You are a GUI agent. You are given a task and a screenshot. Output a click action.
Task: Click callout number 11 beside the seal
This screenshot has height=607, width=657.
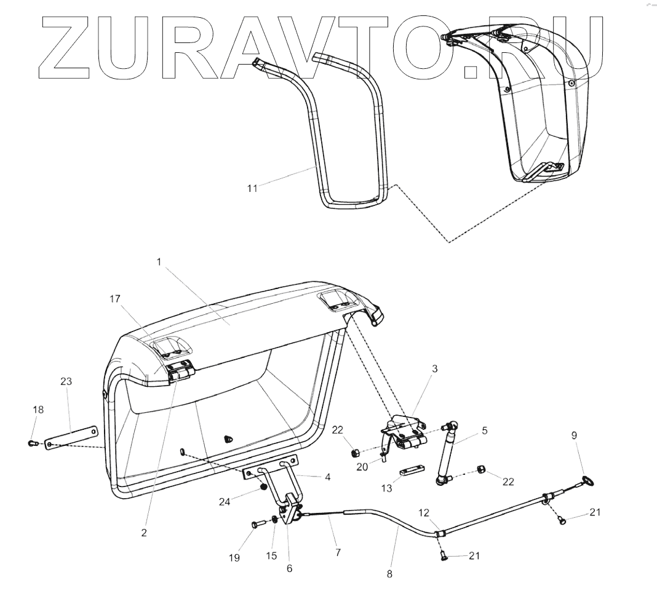coord(252,188)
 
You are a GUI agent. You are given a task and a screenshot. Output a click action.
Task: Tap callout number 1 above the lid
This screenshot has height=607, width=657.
coord(158,262)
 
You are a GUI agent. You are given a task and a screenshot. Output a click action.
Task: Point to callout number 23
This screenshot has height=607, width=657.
coord(66,381)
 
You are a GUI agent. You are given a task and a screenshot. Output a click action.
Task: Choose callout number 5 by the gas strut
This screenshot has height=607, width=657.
coord(485,431)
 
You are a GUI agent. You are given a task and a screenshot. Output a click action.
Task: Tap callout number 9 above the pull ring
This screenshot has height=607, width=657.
coord(573,435)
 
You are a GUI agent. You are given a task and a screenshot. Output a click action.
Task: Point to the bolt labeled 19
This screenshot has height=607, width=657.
coord(257,524)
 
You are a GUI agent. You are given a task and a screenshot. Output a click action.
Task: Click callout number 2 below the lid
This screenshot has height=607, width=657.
coord(144,533)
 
